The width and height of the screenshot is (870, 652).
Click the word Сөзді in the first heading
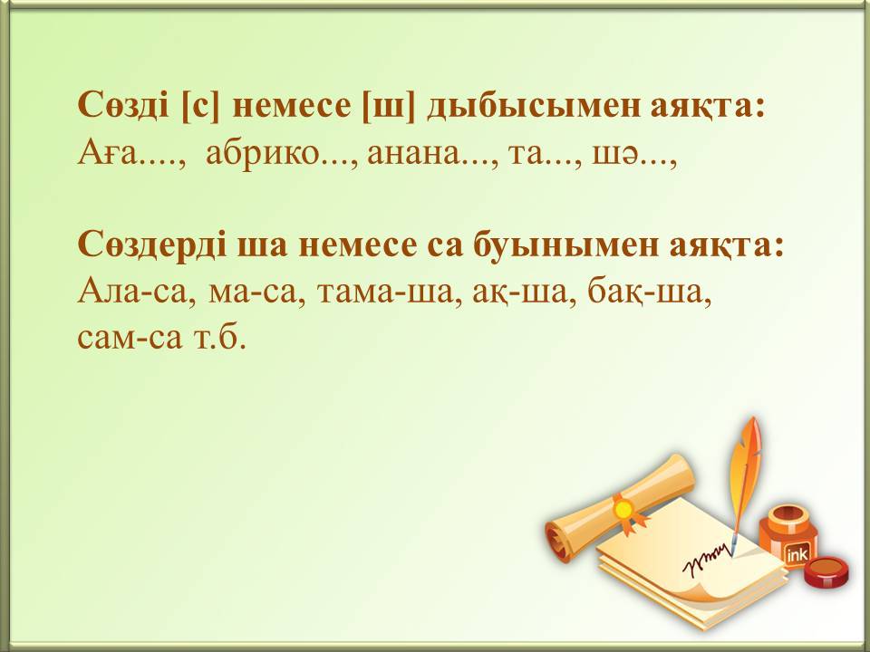point(124,104)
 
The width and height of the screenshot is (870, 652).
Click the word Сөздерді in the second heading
point(152,244)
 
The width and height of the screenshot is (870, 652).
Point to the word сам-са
point(130,337)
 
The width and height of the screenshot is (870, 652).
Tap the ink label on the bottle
point(797,553)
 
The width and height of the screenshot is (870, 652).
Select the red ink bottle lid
point(826,571)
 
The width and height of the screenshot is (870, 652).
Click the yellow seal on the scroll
point(623,508)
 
